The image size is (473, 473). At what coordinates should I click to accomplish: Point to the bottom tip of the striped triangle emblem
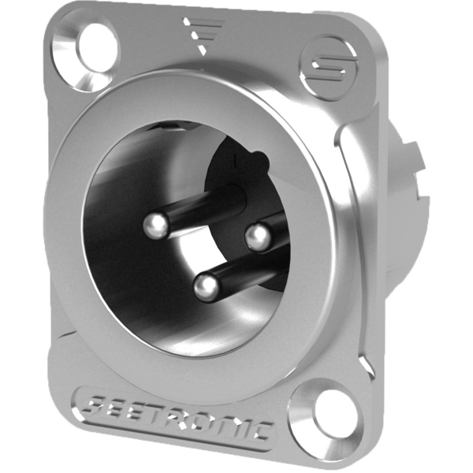pos(201,55)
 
